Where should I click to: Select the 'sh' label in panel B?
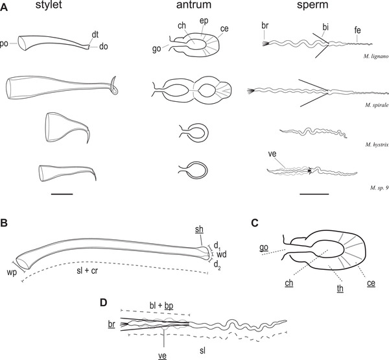click(200, 230)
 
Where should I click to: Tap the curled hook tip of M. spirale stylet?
click(115, 87)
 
